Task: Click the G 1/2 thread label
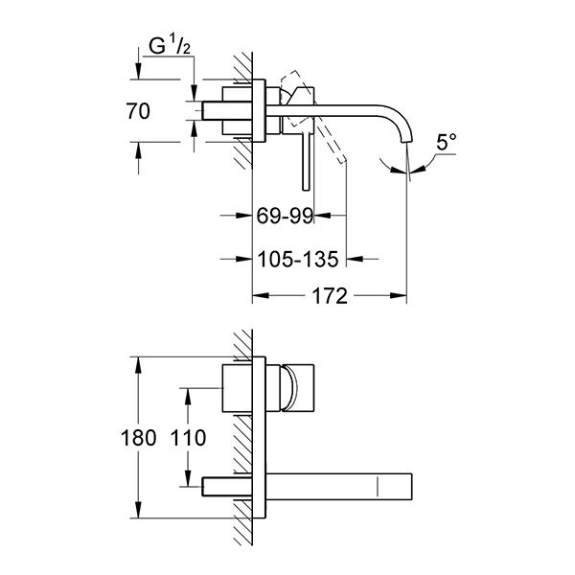(x=170, y=46)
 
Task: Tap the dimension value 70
(x=138, y=111)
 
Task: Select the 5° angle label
(x=447, y=142)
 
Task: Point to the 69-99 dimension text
(x=285, y=216)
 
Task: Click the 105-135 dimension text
(x=298, y=260)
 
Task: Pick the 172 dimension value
(x=330, y=295)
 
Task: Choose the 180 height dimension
(x=138, y=438)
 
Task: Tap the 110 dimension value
(x=189, y=438)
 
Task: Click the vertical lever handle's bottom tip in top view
(x=307, y=190)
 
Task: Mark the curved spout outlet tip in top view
(x=407, y=142)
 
